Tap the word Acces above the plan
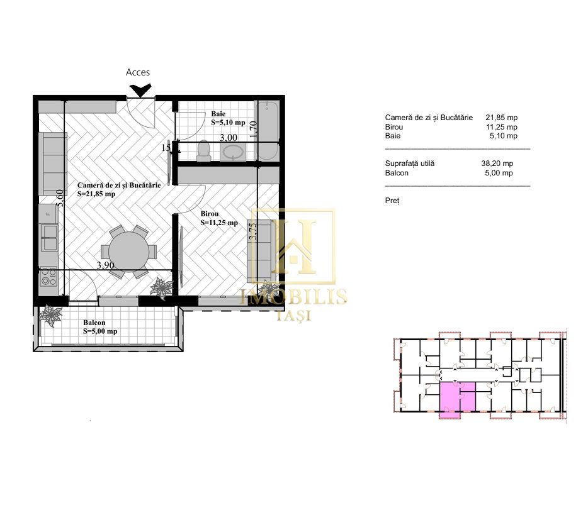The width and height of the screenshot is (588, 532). point(138,72)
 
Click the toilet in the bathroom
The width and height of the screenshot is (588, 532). point(203,151)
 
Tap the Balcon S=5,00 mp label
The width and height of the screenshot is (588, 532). point(100,328)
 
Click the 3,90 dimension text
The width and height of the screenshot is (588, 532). point(105,265)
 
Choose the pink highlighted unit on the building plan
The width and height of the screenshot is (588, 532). point(449,399)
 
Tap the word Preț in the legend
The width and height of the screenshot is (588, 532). point(392,201)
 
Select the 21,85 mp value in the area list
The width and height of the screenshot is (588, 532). point(501,118)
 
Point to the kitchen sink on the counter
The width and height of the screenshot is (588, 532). point(49,236)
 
